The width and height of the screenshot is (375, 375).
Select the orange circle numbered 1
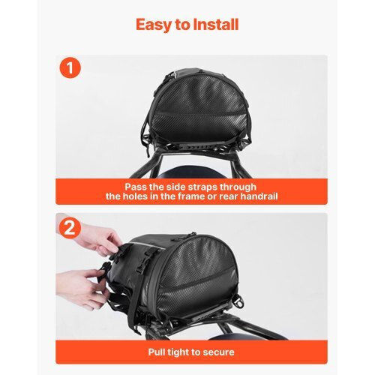pyautogui.click(x=70, y=67)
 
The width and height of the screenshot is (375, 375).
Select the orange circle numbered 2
pyautogui.click(x=70, y=228)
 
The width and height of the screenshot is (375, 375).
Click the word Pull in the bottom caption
pyautogui.click(x=157, y=352)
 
